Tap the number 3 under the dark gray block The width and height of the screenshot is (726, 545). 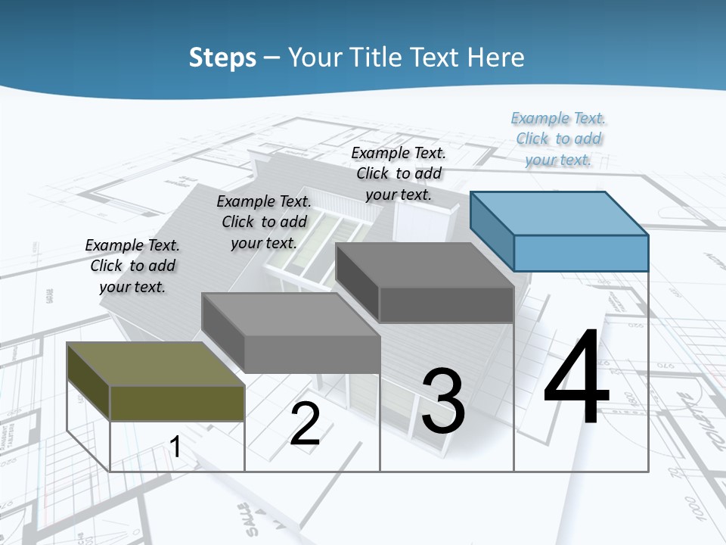[443, 401]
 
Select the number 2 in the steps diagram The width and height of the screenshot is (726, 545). [305, 423]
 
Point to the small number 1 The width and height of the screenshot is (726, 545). [175, 447]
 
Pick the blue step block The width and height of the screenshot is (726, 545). [560, 232]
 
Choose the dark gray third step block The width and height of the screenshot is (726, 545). [425, 283]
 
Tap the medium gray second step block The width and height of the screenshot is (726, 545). [291, 333]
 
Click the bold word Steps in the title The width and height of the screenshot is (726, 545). [222, 58]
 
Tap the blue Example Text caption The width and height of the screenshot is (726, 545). [559, 139]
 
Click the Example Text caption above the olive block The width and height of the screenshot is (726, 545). [132, 266]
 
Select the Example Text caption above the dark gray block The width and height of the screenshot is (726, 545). [399, 173]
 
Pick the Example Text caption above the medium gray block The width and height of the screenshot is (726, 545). [264, 222]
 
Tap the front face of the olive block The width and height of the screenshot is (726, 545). [177, 403]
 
